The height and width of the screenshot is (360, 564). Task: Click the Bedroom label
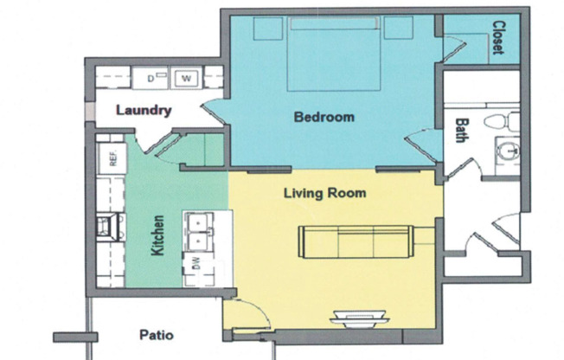click(x=324, y=117)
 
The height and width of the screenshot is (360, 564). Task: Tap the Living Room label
click(x=324, y=193)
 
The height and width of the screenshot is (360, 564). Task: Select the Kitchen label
click(x=157, y=235)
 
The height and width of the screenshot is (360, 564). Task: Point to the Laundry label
click(x=144, y=110)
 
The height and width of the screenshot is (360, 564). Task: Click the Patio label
click(x=157, y=335)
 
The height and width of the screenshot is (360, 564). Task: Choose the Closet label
click(x=498, y=37)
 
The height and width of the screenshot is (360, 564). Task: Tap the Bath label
click(x=462, y=131)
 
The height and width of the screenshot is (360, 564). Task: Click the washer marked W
click(x=186, y=78)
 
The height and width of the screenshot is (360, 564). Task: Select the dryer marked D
click(x=151, y=78)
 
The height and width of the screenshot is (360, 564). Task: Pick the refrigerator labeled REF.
click(x=112, y=158)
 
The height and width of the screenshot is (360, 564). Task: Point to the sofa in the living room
click(x=356, y=242)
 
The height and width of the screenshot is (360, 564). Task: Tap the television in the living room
click(x=360, y=319)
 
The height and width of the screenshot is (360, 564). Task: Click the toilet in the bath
click(x=502, y=121)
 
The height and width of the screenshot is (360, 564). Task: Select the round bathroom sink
click(x=509, y=151)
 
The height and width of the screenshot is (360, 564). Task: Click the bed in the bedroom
click(x=333, y=54)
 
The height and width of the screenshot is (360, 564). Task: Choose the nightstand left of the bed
click(x=268, y=28)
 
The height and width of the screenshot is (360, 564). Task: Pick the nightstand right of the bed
click(x=398, y=28)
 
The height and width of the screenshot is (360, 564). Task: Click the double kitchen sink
click(x=199, y=231)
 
